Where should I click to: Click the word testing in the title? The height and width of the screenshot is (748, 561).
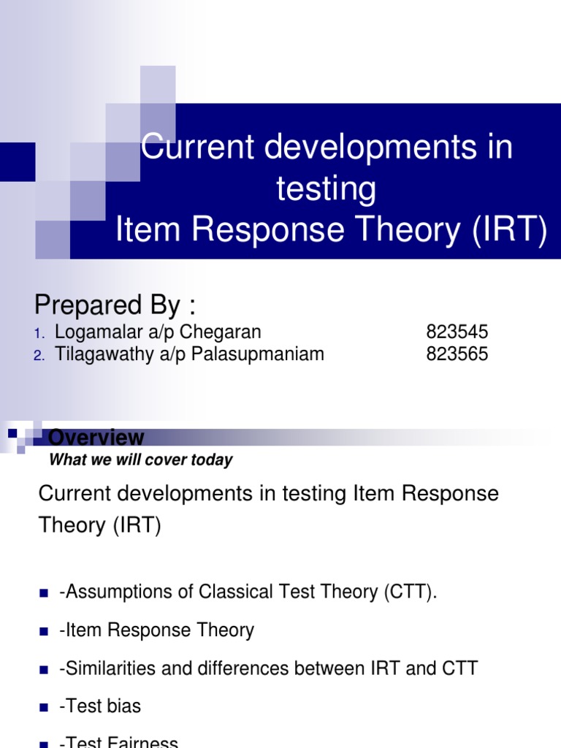click(326, 190)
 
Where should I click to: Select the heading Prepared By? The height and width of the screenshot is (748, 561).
click(116, 304)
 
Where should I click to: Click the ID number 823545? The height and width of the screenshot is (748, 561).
click(457, 332)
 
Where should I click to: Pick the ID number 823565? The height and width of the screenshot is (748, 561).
click(457, 354)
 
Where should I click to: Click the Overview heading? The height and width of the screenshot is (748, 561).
click(96, 438)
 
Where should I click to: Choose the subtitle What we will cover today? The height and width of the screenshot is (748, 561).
click(140, 460)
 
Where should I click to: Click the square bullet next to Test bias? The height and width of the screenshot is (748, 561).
click(43, 707)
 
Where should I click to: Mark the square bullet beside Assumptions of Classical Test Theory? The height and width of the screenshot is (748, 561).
click(43, 593)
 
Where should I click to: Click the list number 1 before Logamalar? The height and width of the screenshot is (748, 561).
click(38, 333)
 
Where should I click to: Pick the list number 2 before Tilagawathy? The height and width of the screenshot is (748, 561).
click(38, 355)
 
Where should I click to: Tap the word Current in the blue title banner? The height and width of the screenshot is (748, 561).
click(197, 148)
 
